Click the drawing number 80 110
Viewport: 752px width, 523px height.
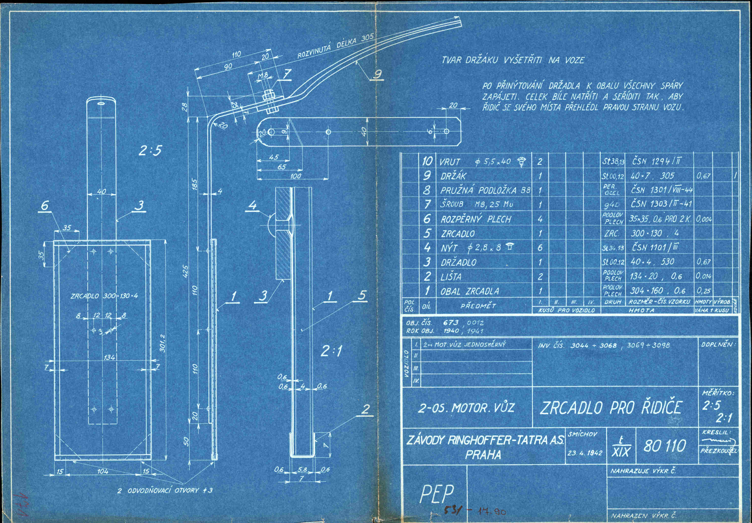(665, 446)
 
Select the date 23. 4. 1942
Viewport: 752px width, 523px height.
(585, 453)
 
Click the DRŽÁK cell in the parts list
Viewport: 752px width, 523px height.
(453, 176)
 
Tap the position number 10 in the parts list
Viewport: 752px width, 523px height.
(427, 161)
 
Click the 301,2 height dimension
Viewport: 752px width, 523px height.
(163, 343)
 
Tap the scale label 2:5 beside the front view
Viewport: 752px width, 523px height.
(150, 151)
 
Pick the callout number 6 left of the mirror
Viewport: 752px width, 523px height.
(45, 206)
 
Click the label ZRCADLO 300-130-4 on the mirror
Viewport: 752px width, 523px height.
(104, 296)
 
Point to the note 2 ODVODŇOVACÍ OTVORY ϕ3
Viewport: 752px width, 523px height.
(165, 490)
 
